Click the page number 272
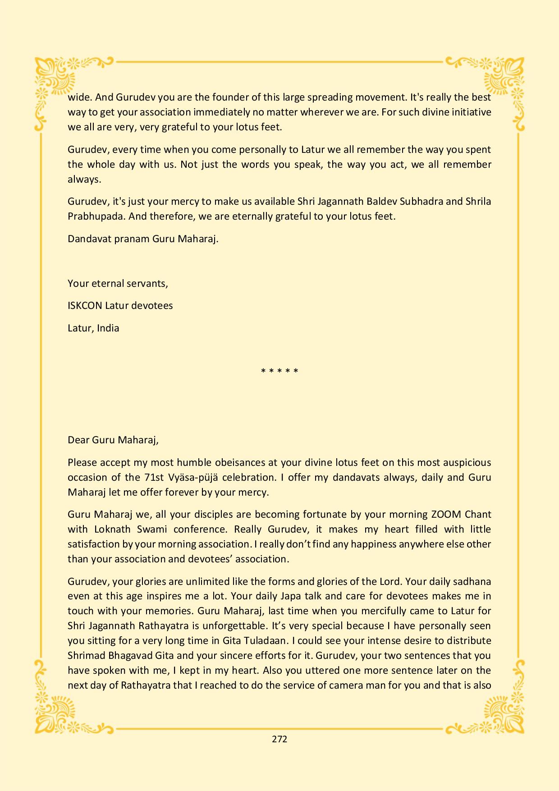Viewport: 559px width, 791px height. (279, 739)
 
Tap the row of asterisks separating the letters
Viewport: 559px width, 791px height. (279, 372)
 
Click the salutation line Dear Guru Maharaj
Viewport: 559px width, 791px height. (113, 440)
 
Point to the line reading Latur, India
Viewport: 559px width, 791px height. (93, 328)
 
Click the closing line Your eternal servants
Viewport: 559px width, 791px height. (118, 284)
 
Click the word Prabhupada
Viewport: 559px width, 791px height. (96, 216)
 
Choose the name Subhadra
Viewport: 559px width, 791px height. (421, 202)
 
